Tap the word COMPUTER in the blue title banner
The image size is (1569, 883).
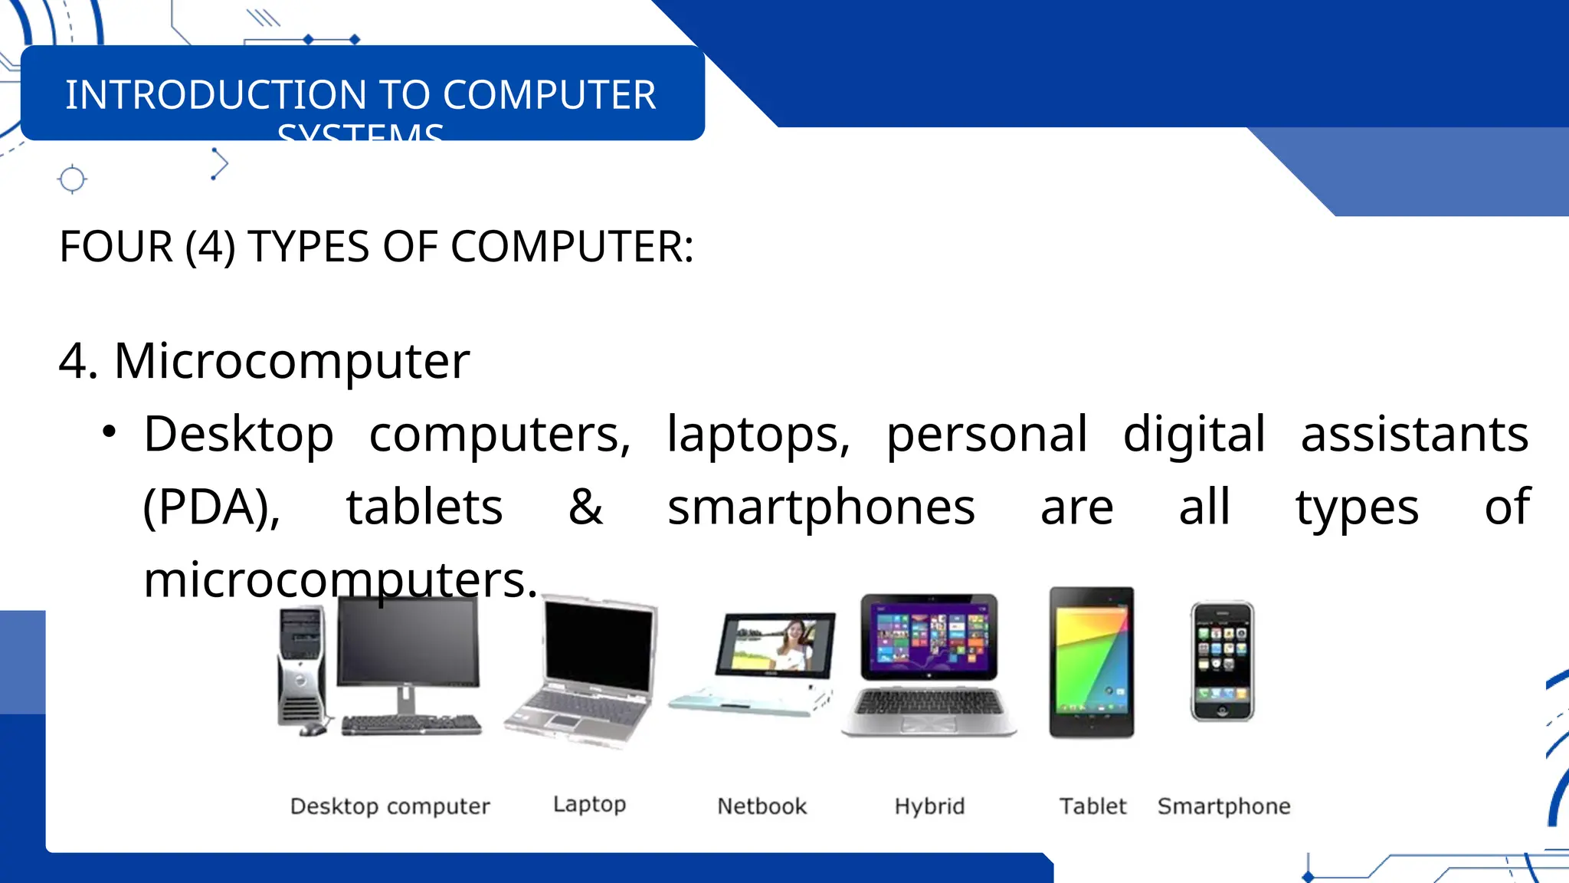pos(549,95)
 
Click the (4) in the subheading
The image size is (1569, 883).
pos(210,247)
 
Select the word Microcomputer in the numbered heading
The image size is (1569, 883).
pos(291,360)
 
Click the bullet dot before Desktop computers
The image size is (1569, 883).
pos(109,432)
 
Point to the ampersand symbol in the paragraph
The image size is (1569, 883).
pos(585,507)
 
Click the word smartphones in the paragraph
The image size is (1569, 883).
pos(821,507)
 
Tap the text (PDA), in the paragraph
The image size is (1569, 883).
pos(212,507)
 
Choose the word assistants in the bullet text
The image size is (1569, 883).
pos(1414,434)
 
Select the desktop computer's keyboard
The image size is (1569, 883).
pos(411,724)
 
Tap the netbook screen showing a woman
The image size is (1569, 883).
pos(775,645)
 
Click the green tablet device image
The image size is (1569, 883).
pos(1092,661)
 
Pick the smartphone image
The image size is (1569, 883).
pos(1222,661)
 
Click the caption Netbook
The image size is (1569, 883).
pos(762,806)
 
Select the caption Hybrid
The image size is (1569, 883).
pos(929,806)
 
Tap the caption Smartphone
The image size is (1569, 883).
pos(1223,806)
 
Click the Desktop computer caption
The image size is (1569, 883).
pos(390,806)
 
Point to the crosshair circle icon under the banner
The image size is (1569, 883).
pos(72,179)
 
